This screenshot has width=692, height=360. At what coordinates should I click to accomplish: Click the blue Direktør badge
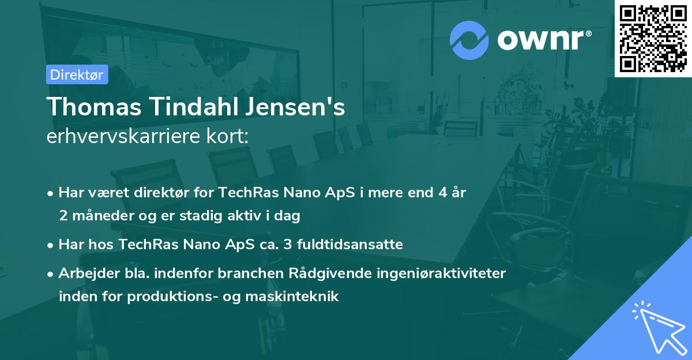[77, 74]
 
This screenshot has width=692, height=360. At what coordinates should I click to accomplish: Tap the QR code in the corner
[653, 39]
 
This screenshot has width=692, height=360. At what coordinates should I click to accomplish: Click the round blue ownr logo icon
[469, 40]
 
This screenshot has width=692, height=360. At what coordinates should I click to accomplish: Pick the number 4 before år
[437, 193]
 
